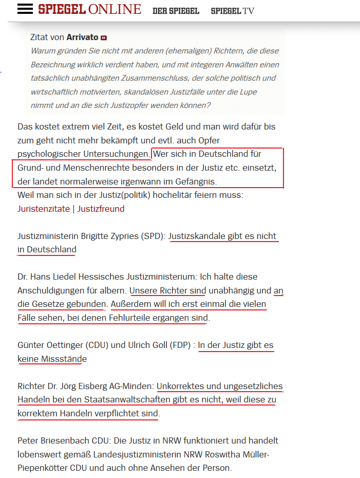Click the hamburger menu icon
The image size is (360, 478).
pos(25,9)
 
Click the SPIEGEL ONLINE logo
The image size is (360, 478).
pos(89,9)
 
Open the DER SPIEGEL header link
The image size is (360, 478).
pos(176,11)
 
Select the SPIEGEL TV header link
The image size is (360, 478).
pos(232,11)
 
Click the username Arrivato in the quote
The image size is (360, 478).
pos(83,38)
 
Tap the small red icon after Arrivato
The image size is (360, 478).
pos(104,38)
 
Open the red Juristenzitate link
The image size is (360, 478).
pos(43,209)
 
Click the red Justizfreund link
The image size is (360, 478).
pos(101,209)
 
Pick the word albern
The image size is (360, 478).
pos(112,291)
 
